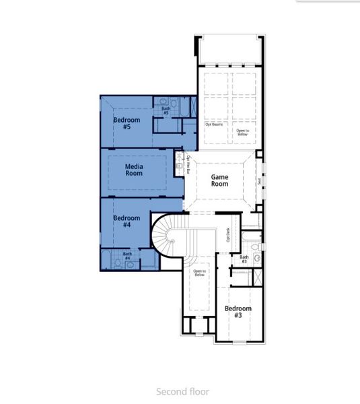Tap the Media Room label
(134, 170)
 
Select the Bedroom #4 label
(127, 222)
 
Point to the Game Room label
(219, 180)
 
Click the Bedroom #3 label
(238, 312)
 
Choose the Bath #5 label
(166, 110)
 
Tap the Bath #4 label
(127, 256)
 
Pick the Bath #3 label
(244, 259)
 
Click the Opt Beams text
(214, 124)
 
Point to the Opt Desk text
(229, 234)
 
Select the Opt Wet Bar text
(188, 165)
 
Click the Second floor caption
(182, 391)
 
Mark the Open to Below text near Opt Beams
(242, 132)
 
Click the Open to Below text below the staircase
(199, 273)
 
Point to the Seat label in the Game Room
(259, 180)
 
